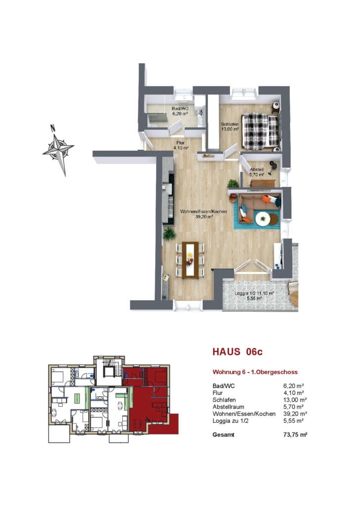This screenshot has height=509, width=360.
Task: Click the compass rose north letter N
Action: (52, 127)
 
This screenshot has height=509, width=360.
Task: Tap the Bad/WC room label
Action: (180, 111)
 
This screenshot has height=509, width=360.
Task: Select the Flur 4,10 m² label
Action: (180, 145)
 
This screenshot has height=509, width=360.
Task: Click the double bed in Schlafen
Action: (260, 131)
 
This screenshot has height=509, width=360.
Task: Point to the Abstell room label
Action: (257, 171)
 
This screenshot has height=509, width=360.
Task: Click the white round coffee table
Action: (263, 218)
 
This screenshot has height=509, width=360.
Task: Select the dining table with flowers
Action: (190, 260)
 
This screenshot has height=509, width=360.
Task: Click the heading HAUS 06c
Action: (237, 351)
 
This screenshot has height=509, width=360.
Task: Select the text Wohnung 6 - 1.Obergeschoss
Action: (255, 372)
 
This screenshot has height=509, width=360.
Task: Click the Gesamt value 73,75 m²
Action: (295, 435)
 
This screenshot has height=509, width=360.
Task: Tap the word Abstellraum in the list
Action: (228, 407)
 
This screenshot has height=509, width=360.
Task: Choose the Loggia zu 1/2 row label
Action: (232, 421)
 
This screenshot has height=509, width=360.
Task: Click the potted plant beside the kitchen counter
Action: (169, 234)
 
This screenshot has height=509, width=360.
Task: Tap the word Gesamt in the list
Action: (223, 435)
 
